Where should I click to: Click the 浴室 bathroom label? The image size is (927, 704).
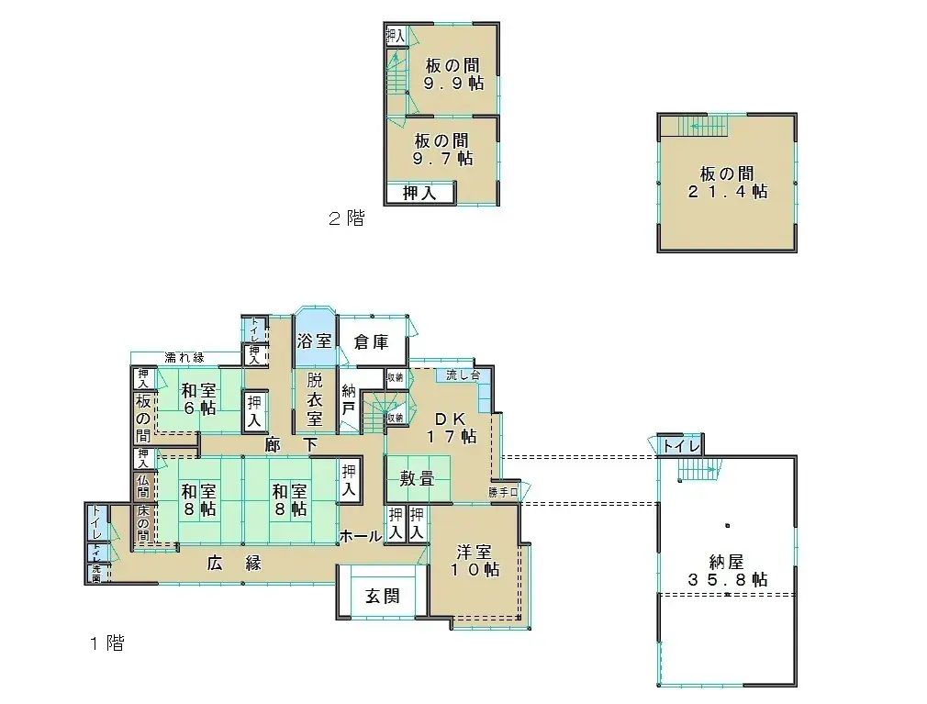(x=314, y=341)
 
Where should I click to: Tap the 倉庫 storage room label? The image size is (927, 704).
(x=371, y=341)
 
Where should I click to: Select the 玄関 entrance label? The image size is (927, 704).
(x=382, y=596)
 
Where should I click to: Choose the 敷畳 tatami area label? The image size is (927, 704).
(x=417, y=478)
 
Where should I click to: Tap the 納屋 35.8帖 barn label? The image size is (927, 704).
(x=725, y=571)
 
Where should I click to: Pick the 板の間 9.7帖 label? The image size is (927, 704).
(x=442, y=150)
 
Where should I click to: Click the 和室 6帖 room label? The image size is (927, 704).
(x=197, y=397)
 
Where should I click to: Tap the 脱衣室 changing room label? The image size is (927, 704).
(x=314, y=400)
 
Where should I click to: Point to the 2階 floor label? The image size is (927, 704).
(x=346, y=219)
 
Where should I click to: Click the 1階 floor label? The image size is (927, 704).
(x=107, y=643)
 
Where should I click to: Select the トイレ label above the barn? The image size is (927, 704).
(x=680, y=446)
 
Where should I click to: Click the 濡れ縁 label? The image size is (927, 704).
(x=184, y=357)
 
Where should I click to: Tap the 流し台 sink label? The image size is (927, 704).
(x=463, y=374)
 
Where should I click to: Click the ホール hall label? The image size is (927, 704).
(x=360, y=536)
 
